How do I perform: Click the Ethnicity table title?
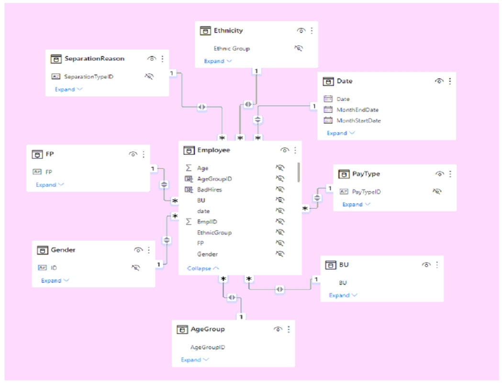228,31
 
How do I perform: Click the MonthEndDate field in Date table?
357,110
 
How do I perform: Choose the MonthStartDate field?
358,120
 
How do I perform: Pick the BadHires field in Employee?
209,190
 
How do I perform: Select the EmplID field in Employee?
206,222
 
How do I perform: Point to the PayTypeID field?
366,192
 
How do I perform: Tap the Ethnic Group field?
232,48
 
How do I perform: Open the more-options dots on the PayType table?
450,174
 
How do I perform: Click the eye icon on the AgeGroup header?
278,329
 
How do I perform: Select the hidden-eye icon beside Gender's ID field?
135,268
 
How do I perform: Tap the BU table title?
344,265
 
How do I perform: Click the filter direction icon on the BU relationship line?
280,289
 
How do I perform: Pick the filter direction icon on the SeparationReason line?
202,107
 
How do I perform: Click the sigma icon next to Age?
189,168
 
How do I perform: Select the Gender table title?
63,250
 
